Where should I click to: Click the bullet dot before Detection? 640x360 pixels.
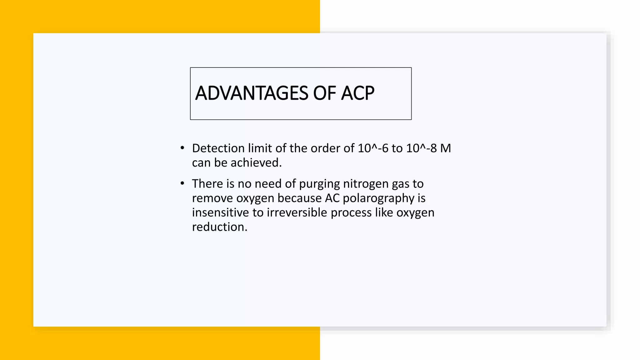coord(182,148)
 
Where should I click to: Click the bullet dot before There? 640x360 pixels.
coord(182,183)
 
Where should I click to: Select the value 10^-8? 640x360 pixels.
coord(421,148)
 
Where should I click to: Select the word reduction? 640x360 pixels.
coord(219,227)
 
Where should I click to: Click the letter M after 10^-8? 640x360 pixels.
coord(446,148)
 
